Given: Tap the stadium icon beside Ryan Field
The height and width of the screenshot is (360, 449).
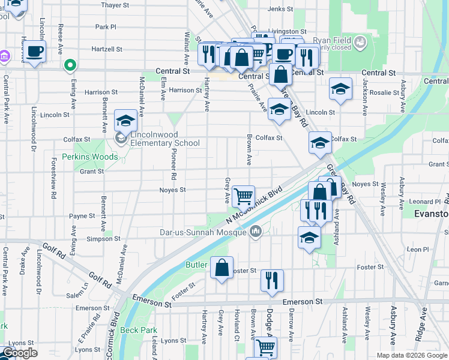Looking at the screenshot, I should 360,43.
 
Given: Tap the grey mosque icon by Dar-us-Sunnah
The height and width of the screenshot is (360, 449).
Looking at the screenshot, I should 256,231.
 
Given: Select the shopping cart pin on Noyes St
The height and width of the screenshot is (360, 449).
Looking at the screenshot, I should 243,196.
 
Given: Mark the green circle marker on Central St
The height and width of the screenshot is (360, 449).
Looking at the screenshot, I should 70,65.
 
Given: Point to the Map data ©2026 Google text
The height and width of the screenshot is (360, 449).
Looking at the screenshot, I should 411,355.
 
